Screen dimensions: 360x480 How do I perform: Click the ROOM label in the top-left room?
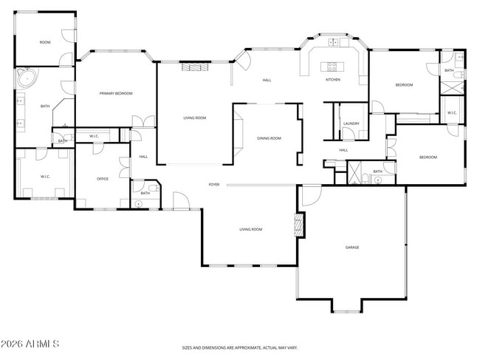45,42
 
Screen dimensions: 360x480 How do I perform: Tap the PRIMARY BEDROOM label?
117,93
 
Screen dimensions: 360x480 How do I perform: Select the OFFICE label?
103,179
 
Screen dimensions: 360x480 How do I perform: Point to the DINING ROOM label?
269,138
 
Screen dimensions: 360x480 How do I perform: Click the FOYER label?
214,184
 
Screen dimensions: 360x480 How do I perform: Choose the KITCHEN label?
333,79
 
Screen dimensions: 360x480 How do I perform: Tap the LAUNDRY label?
352,123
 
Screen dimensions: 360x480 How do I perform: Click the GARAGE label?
352,247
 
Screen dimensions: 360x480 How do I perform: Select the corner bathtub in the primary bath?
27,78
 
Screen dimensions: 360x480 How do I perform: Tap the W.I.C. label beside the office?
95,136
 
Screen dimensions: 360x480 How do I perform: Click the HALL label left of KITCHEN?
268,79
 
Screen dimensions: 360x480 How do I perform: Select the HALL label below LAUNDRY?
343,150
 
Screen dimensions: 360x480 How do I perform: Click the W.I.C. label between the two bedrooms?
452,112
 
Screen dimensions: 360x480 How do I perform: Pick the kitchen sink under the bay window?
334,41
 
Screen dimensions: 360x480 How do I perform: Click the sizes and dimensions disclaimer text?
240,347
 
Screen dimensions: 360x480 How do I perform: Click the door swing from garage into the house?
309,195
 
